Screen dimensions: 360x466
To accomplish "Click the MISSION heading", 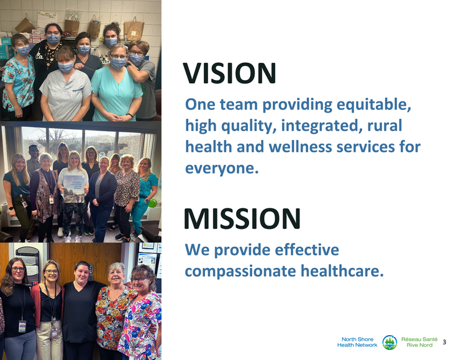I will coord(242,219).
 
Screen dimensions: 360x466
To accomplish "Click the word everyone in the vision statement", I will coord(221,168).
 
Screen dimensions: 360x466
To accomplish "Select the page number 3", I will coord(445,343).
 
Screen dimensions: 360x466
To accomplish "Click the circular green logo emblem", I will coord(390,342).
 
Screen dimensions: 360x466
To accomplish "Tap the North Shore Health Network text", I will coord(357,342).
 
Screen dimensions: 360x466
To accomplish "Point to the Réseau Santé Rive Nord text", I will coord(419,342).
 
